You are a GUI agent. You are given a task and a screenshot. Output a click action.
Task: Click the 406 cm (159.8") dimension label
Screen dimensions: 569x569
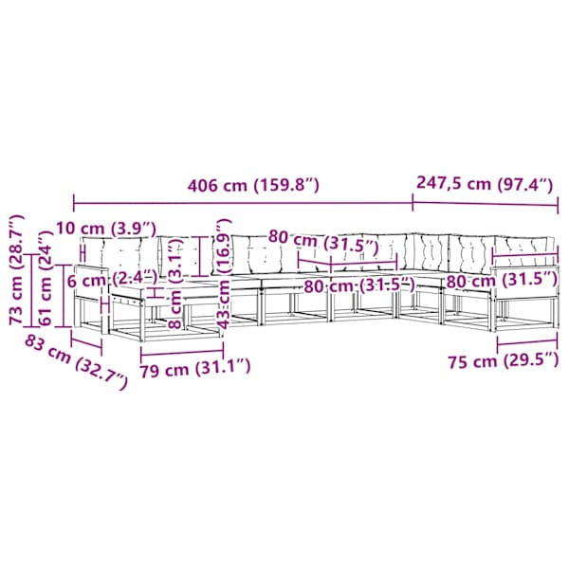tap(253, 186)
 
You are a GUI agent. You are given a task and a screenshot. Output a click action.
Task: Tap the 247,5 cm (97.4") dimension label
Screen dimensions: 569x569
tap(485, 183)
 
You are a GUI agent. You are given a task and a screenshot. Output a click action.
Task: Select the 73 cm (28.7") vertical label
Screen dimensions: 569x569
tap(17, 269)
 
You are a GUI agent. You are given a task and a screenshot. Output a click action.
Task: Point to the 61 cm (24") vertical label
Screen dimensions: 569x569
tap(46, 278)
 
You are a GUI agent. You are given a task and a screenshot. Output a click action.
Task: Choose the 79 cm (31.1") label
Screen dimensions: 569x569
tap(195, 369)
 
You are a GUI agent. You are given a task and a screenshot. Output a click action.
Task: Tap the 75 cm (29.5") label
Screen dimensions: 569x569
tap(504, 360)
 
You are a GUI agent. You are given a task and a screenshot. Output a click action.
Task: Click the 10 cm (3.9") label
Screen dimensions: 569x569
tap(106, 229)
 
